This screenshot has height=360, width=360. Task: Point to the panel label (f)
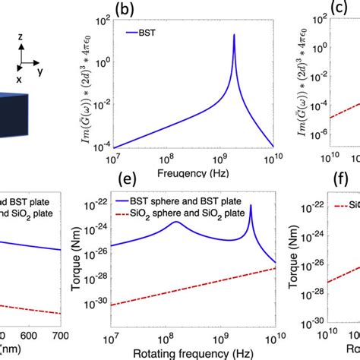(333, 179)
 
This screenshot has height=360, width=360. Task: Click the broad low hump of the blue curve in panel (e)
(175, 223)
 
